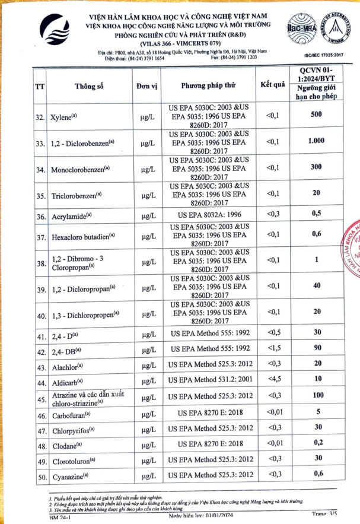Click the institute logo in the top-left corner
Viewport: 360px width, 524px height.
point(56,33)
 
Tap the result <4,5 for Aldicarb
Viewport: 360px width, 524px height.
point(272,379)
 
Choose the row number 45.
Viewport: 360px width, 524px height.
point(40,396)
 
